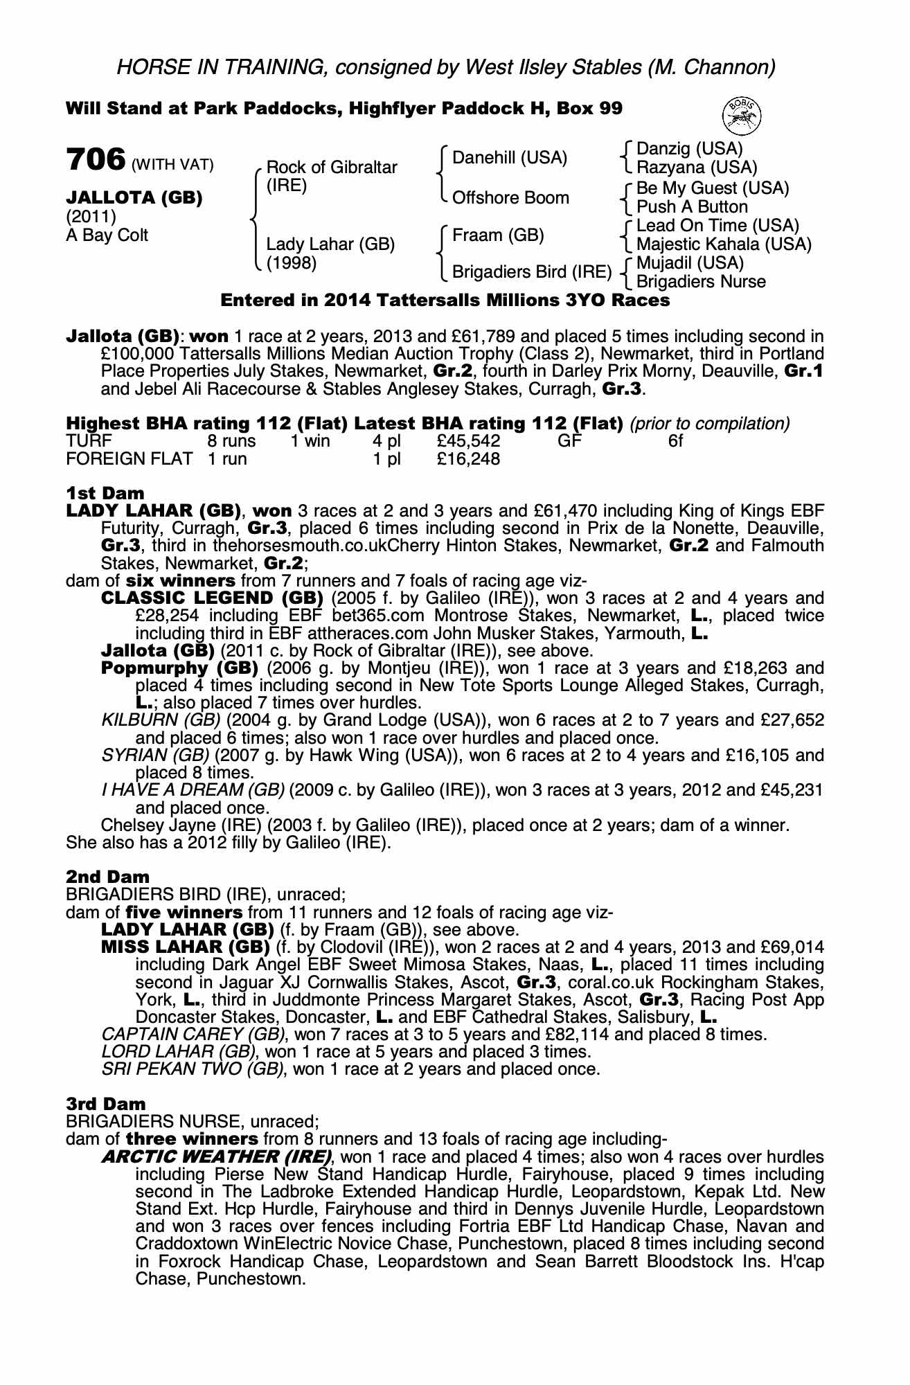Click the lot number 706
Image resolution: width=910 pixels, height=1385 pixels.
pos(95,160)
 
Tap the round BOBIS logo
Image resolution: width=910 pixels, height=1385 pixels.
pos(742,115)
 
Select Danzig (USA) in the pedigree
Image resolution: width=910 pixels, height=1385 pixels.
pos(689,149)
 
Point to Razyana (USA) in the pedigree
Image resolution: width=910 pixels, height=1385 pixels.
pos(697,168)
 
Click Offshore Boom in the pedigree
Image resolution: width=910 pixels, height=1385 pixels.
pos(510,198)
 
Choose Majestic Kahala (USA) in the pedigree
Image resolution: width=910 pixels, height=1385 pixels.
pos(724,244)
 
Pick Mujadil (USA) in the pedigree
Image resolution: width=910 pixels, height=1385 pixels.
pos(690,263)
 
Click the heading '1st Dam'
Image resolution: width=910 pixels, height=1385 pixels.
pos(105,493)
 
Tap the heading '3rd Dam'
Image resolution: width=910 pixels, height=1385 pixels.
pos(106,1103)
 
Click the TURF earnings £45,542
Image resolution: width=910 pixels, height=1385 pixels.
pos(469,441)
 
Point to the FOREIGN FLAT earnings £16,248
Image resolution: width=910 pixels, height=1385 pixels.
pos(469,458)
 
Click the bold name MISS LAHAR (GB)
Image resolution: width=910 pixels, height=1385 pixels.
pos(185,947)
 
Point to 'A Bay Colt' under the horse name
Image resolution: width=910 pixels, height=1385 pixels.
pos(107,235)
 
